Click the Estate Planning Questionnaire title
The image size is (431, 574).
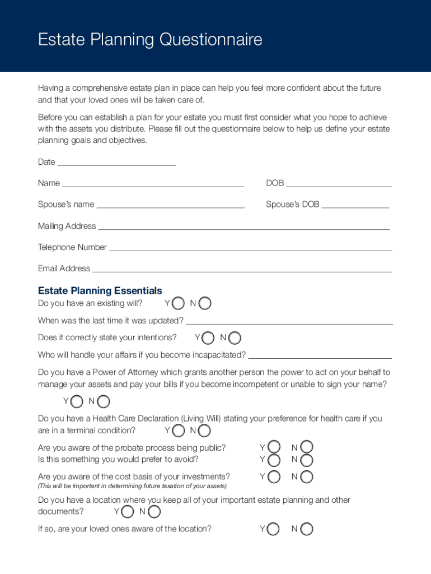pyautogui.click(x=149, y=40)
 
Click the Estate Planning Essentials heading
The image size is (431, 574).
pyautogui.click(x=100, y=290)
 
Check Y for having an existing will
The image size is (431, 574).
pyautogui.click(x=178, y=304)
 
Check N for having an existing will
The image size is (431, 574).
pyautogui.click(x=205, y=304)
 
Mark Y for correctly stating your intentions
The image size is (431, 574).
pyautogui.click(x=208, y=338)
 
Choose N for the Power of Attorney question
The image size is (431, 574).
pyautogui.click(x=103, y=401)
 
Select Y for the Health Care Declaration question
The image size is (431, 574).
pyautogui.click(x=178, y=431)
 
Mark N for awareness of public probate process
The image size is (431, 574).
pyautogui.click(x=307, y=447)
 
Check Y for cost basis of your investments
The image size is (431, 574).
pyautogui.click(x=274, y=477)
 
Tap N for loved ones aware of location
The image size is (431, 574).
pyautogui.click(x=307, y=529)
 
